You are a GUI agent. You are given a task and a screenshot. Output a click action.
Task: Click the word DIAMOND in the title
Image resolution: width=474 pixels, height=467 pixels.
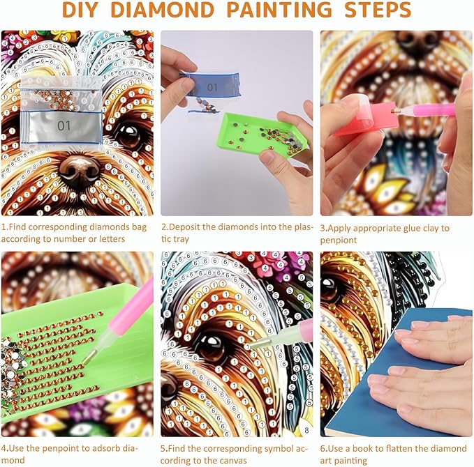point(163,10)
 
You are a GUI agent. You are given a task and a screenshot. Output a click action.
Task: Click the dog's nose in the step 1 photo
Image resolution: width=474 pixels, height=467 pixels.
point(80,169)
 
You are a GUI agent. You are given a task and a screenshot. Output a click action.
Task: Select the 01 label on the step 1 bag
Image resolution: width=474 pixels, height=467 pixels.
point(64,125)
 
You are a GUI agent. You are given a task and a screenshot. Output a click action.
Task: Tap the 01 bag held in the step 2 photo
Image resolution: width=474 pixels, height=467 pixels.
point(210,86)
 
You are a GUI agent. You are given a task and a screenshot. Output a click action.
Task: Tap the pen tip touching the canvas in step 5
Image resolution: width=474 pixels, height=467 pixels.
point(260,344)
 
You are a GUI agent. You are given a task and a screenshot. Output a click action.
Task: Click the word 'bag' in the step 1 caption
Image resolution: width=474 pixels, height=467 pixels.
point(138,227)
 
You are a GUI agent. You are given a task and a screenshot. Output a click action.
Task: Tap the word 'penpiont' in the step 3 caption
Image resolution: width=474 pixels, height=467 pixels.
point(339,240)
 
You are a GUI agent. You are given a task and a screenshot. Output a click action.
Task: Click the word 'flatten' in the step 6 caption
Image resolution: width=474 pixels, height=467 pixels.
point(397,448)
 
